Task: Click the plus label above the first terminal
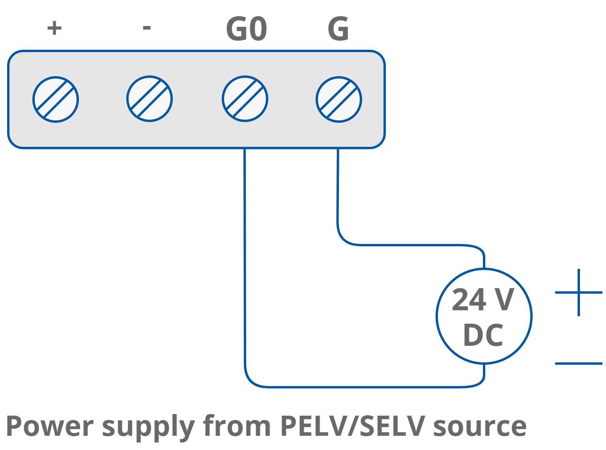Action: coord(54,28)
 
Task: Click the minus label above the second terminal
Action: coord(147,28)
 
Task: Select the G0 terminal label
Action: coord(247,29)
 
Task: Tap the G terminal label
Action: coord(338,29)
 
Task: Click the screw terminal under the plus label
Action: coord(56,99)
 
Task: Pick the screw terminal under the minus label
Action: coord(150,99)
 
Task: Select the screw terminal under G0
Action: coord(245,99)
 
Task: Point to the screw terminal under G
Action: coord(339,99)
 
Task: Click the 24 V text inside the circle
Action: coord(483,300)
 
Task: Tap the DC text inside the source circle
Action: coord(483,335)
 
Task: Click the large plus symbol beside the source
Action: coord(578,292)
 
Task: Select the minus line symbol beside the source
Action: coord(578,363)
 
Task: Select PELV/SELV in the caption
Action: coord(352,426)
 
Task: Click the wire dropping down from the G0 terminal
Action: coord(245,257)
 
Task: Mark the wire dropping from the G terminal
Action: coord(338,189)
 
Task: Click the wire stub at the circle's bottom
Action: coord(484,373)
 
